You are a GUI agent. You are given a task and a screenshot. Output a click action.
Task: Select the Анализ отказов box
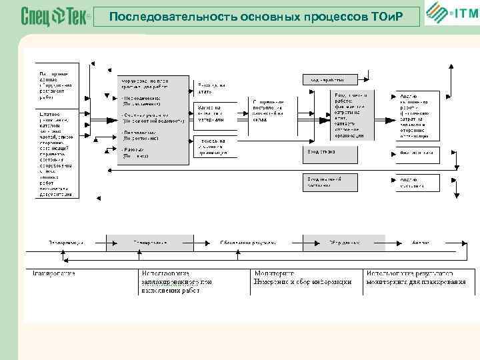coord(417,153)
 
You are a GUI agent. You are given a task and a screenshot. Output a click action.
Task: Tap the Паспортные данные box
coord(56,84)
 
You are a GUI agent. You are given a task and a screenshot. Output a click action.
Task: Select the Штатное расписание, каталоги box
coord(57,154)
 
